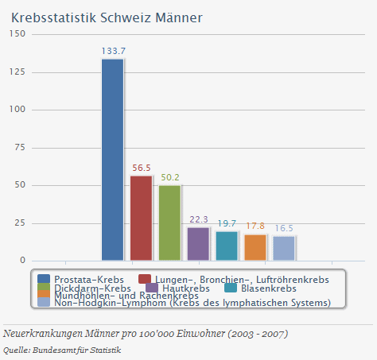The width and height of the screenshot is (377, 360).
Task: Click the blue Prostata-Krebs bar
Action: tap(112, 160)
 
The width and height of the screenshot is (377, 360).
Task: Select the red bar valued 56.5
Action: tap(141, 218)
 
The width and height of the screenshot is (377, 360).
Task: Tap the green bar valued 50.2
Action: tap(169, 223)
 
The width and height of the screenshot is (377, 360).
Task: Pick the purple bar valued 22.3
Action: tap(198, 243)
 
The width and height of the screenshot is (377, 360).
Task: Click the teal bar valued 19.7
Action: tap(227, 246)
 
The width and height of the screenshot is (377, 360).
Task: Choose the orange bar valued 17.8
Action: tap(255, 247)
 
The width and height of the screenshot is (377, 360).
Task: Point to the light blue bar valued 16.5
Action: tap(284, 248)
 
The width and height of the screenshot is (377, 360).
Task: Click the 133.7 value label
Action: tap(113, 52)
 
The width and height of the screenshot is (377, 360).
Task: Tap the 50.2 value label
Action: tap(169, 177)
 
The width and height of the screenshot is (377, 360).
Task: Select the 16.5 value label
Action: tap(284, 228)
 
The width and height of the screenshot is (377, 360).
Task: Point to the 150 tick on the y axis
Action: tap(17, 34)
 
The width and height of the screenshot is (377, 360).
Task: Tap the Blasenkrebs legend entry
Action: tap(262, 287)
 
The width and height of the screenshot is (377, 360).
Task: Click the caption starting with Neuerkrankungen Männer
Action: tap(146, 333)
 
